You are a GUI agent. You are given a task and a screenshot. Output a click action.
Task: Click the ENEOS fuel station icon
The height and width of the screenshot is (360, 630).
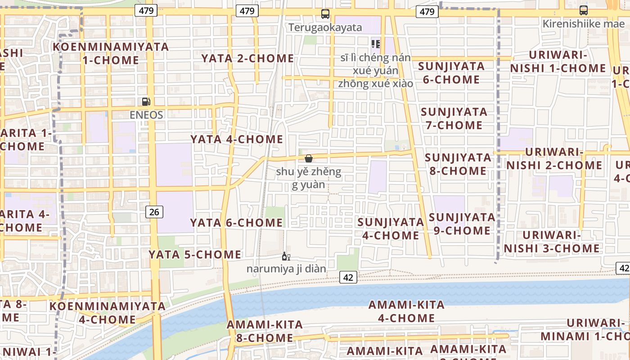145,102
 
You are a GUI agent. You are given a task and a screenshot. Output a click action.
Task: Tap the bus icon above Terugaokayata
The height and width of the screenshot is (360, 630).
325,14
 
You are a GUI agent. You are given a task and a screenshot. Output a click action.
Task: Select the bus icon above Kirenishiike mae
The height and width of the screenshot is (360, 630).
583,10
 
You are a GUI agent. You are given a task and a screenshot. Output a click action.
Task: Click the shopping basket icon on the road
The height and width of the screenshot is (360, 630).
309,158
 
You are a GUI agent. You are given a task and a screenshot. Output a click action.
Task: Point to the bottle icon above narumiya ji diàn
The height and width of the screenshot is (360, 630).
286,256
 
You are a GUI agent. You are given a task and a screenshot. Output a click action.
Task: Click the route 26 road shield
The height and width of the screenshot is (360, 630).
154,211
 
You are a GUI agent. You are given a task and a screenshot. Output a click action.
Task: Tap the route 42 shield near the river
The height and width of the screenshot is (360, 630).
348,277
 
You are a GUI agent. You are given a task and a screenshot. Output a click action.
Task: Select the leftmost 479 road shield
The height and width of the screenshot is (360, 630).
146,11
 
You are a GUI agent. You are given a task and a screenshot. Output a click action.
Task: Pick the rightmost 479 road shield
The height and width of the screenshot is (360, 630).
427,12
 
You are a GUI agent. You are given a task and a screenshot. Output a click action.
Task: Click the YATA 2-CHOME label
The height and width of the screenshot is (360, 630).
247,58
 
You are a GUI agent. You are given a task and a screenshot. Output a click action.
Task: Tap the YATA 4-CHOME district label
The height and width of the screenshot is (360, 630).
237,139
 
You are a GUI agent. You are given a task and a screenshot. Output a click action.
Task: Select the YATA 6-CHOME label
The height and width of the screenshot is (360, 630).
236,223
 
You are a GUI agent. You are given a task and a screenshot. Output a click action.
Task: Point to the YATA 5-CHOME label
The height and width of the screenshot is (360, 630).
195,254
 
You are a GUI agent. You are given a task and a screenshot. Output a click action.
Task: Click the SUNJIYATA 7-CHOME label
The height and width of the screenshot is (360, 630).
454,118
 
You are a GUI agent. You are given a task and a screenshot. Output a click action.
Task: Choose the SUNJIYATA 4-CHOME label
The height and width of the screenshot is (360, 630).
391,229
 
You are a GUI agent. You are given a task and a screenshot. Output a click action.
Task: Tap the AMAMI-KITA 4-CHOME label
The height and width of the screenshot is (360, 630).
406,311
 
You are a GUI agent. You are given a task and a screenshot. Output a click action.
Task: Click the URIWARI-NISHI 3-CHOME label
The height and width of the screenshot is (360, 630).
552,242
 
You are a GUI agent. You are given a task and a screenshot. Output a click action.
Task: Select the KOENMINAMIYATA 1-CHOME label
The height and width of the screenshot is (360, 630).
111,53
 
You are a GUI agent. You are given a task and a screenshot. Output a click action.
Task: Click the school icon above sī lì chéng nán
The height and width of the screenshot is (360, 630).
376,44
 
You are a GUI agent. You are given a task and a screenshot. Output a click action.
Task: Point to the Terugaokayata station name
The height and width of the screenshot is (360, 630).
325,27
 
